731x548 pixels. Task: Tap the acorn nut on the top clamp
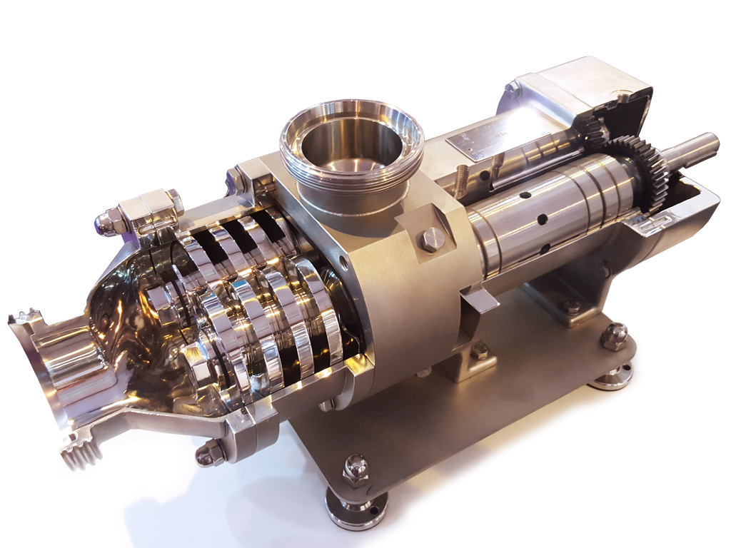[104, 222]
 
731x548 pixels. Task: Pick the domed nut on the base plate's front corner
[356, 469]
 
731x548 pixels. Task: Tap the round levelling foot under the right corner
[610, 376]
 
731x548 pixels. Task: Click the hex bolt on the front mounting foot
[480, 350]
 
